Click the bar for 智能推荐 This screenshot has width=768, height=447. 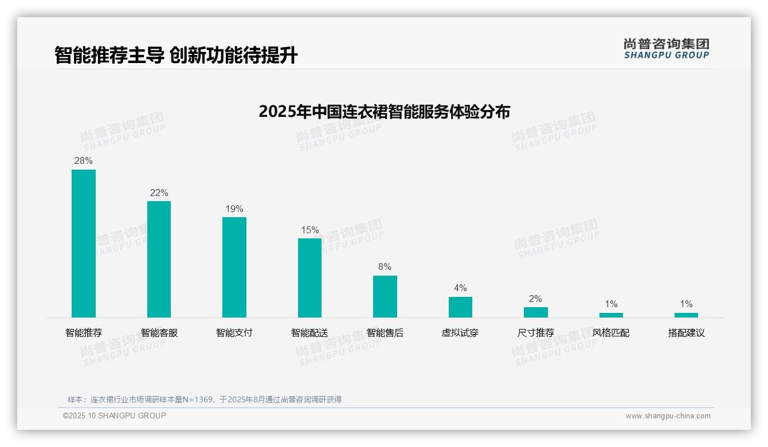click(x=84, y=244)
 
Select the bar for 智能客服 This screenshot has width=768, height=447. click(x=159, y=259)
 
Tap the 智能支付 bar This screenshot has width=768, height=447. click(x=234, y=267)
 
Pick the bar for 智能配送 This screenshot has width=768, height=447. click(x=309, y=278)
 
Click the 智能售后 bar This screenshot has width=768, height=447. click(x=385, y=296)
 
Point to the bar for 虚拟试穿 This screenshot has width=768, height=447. click(x=460, y=307)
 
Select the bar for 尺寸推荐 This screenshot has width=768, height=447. click(x=536, y=312)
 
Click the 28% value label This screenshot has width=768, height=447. click(x=84, y=161)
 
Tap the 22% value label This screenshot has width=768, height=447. click(x=159, y=193)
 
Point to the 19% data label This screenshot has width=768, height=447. click(x=234, y=209)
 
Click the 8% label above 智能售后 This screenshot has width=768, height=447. click(x=385, y=267)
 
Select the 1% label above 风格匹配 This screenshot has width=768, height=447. click(x=611, y=304)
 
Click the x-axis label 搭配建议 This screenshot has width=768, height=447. click(x=686, y=333)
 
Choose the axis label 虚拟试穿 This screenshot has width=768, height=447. click(x=460, y=333)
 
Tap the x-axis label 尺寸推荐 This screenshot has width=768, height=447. click(x=536, y=333)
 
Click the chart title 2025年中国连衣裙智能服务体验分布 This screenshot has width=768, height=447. click(x=384, y=112)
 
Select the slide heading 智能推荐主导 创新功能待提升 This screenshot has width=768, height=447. click(x=176, y=56)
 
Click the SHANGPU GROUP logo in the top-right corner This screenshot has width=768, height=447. click(x=667, y=49)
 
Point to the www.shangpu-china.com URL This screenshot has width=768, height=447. click(x=668, y=416)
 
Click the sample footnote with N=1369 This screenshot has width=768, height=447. click(x=205, y=399)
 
